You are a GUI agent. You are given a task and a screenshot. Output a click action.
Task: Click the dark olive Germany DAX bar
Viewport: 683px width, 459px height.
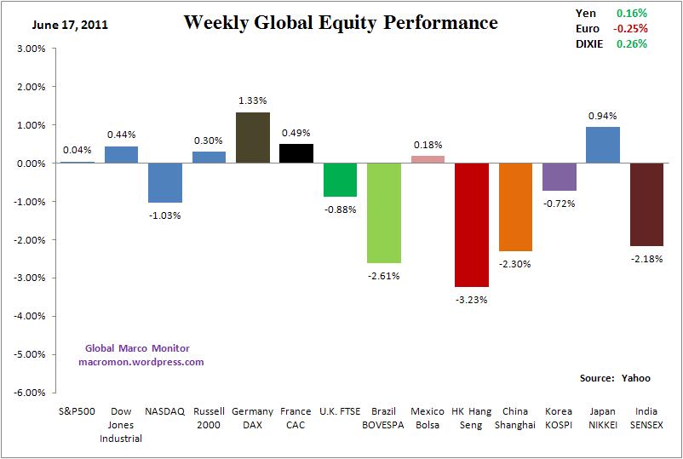coord(253,137)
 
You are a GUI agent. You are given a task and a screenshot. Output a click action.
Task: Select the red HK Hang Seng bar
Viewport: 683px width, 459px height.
coord(471,225)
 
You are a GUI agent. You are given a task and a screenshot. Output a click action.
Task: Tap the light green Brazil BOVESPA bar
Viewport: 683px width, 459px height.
coord(384,213)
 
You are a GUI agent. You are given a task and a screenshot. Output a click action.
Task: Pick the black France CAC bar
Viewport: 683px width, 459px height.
coord(296,153)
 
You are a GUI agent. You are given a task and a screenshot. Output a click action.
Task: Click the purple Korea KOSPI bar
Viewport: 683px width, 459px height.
coord(559,176)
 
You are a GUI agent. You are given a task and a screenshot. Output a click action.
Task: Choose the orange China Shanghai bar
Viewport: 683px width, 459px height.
coord(515,207)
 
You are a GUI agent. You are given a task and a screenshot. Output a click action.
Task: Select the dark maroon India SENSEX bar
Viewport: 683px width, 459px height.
coord(646,204)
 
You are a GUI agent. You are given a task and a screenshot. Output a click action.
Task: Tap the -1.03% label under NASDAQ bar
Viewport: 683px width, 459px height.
coord(165,215)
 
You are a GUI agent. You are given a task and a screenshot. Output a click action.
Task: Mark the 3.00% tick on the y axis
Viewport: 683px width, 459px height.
coord(32,49)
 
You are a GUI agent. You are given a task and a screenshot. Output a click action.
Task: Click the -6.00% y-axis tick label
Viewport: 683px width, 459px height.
coord(30,393)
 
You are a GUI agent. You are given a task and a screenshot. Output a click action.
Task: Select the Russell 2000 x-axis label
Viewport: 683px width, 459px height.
coord(209,417)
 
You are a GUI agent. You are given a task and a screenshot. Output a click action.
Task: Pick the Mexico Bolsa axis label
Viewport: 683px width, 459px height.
coord(428,417)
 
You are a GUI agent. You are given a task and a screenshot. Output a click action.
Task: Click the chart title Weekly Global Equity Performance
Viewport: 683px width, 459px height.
coord(341,22)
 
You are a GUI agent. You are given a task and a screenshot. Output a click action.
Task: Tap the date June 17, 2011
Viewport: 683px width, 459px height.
coord(70,24)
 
